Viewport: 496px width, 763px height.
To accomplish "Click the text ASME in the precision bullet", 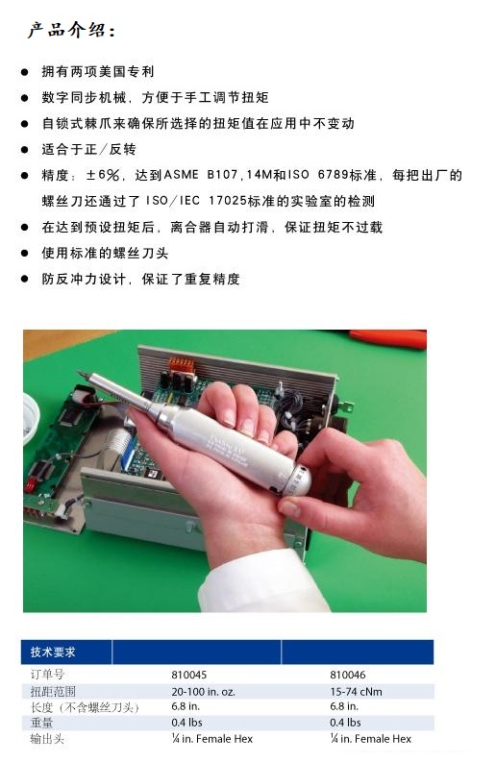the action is click(181, 175).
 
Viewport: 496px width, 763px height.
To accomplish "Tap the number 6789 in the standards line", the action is click(334, 175).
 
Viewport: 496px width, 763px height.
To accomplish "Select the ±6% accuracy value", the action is click(103, 175).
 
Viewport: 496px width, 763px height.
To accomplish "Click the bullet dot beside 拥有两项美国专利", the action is click(24, 72).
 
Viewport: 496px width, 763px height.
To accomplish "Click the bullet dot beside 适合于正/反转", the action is click(24, 149).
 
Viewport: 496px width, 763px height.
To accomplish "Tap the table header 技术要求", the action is click(53, 652).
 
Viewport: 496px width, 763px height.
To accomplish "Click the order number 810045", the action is click(188, 675).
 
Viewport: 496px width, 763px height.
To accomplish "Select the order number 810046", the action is click(348, 675).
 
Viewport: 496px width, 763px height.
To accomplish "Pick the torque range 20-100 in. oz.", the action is click(203, 692).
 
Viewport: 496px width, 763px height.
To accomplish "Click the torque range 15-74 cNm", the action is click(356, 692).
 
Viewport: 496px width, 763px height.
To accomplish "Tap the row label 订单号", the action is click(47, 675).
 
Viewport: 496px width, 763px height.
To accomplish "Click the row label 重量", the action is click(41, 723).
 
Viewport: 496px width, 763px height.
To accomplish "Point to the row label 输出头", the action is click(47, 739).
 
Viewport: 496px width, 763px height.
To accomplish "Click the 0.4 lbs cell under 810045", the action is click(186, 723).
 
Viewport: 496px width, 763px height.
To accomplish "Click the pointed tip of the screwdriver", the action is click(79, 372).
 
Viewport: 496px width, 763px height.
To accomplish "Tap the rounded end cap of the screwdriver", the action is click(298, 480).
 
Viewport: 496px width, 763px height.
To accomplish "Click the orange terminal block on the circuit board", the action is click(182, 364).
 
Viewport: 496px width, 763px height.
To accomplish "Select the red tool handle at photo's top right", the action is click(388, 338).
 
